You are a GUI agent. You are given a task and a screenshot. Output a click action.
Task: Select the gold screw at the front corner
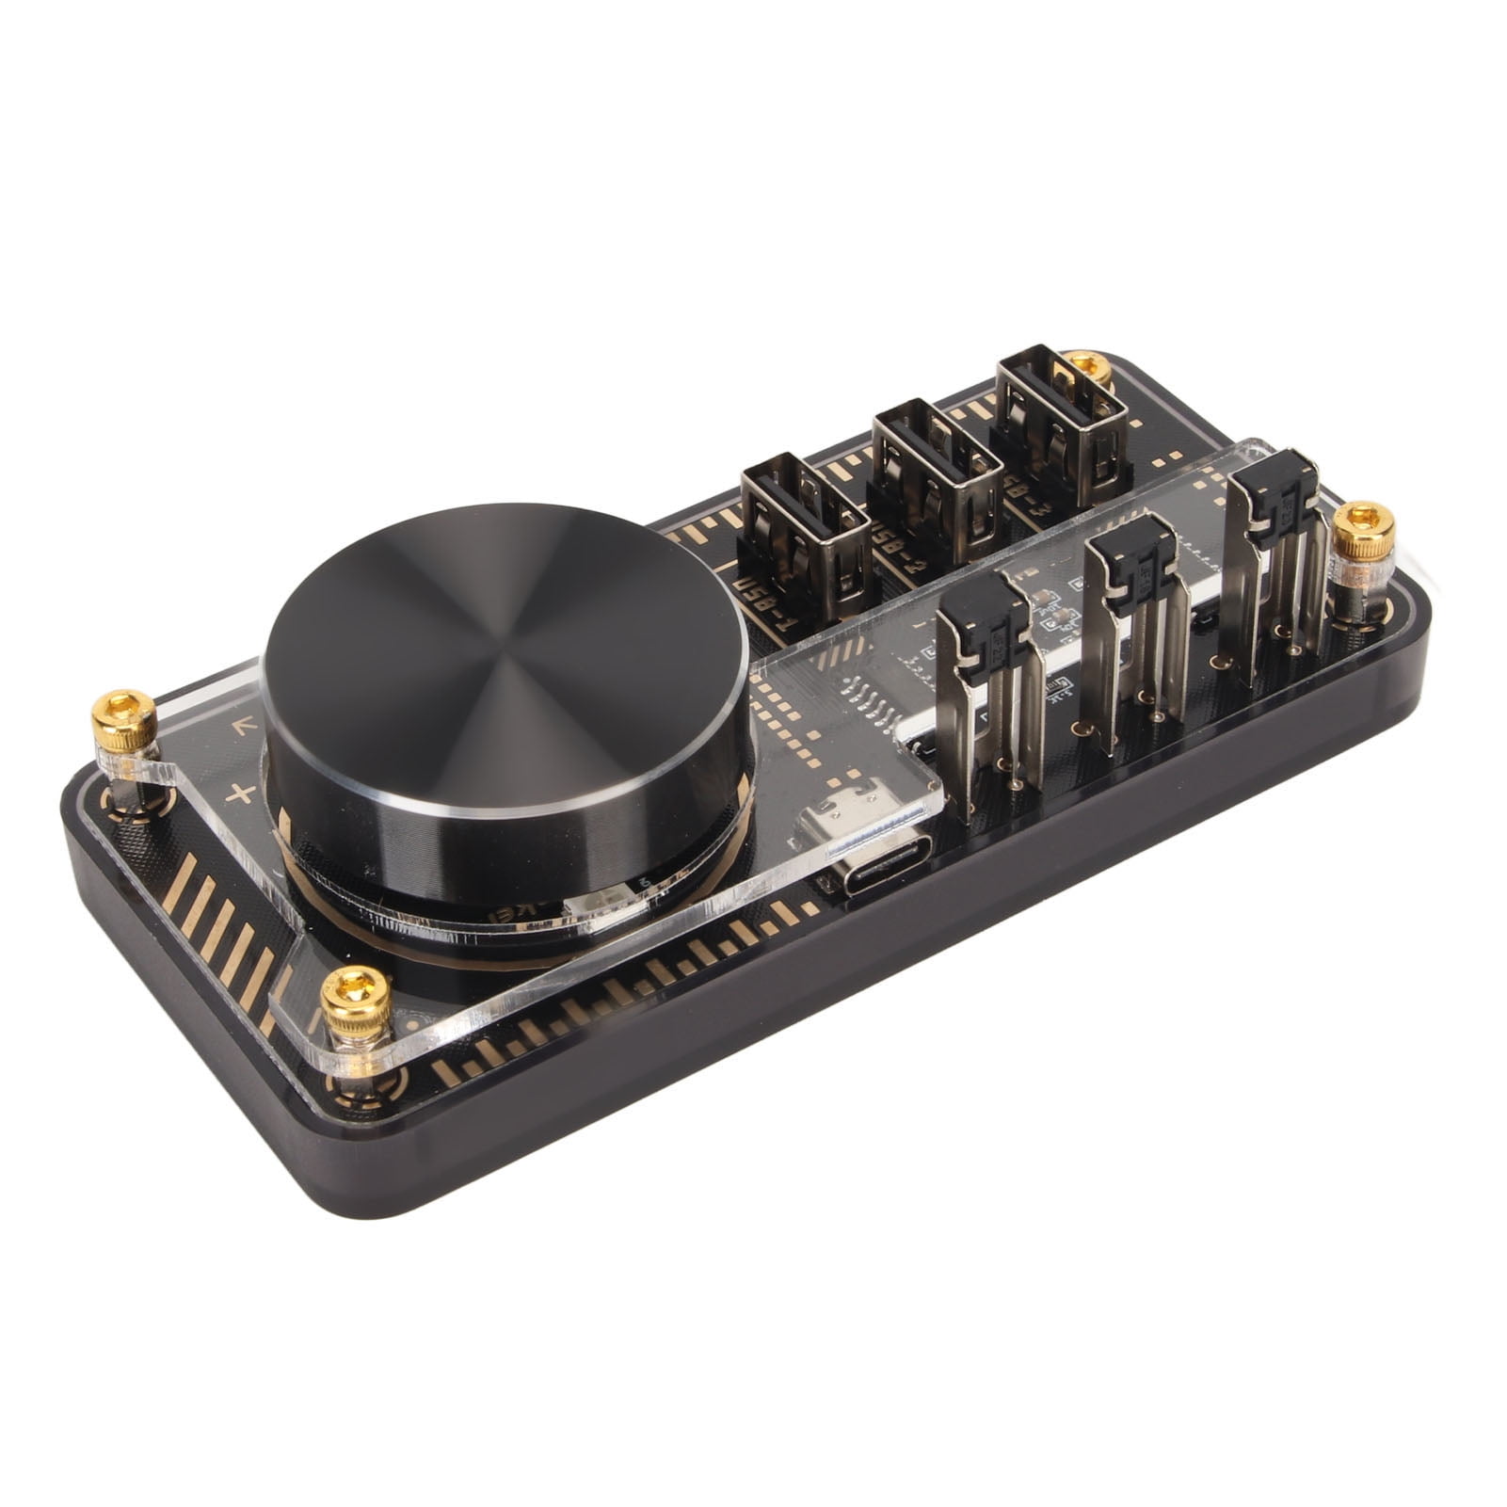pyautogui.click(x=356, y=998)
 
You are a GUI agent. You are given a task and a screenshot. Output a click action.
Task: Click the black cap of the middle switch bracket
pyautogui.click(x=1130, y=561)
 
